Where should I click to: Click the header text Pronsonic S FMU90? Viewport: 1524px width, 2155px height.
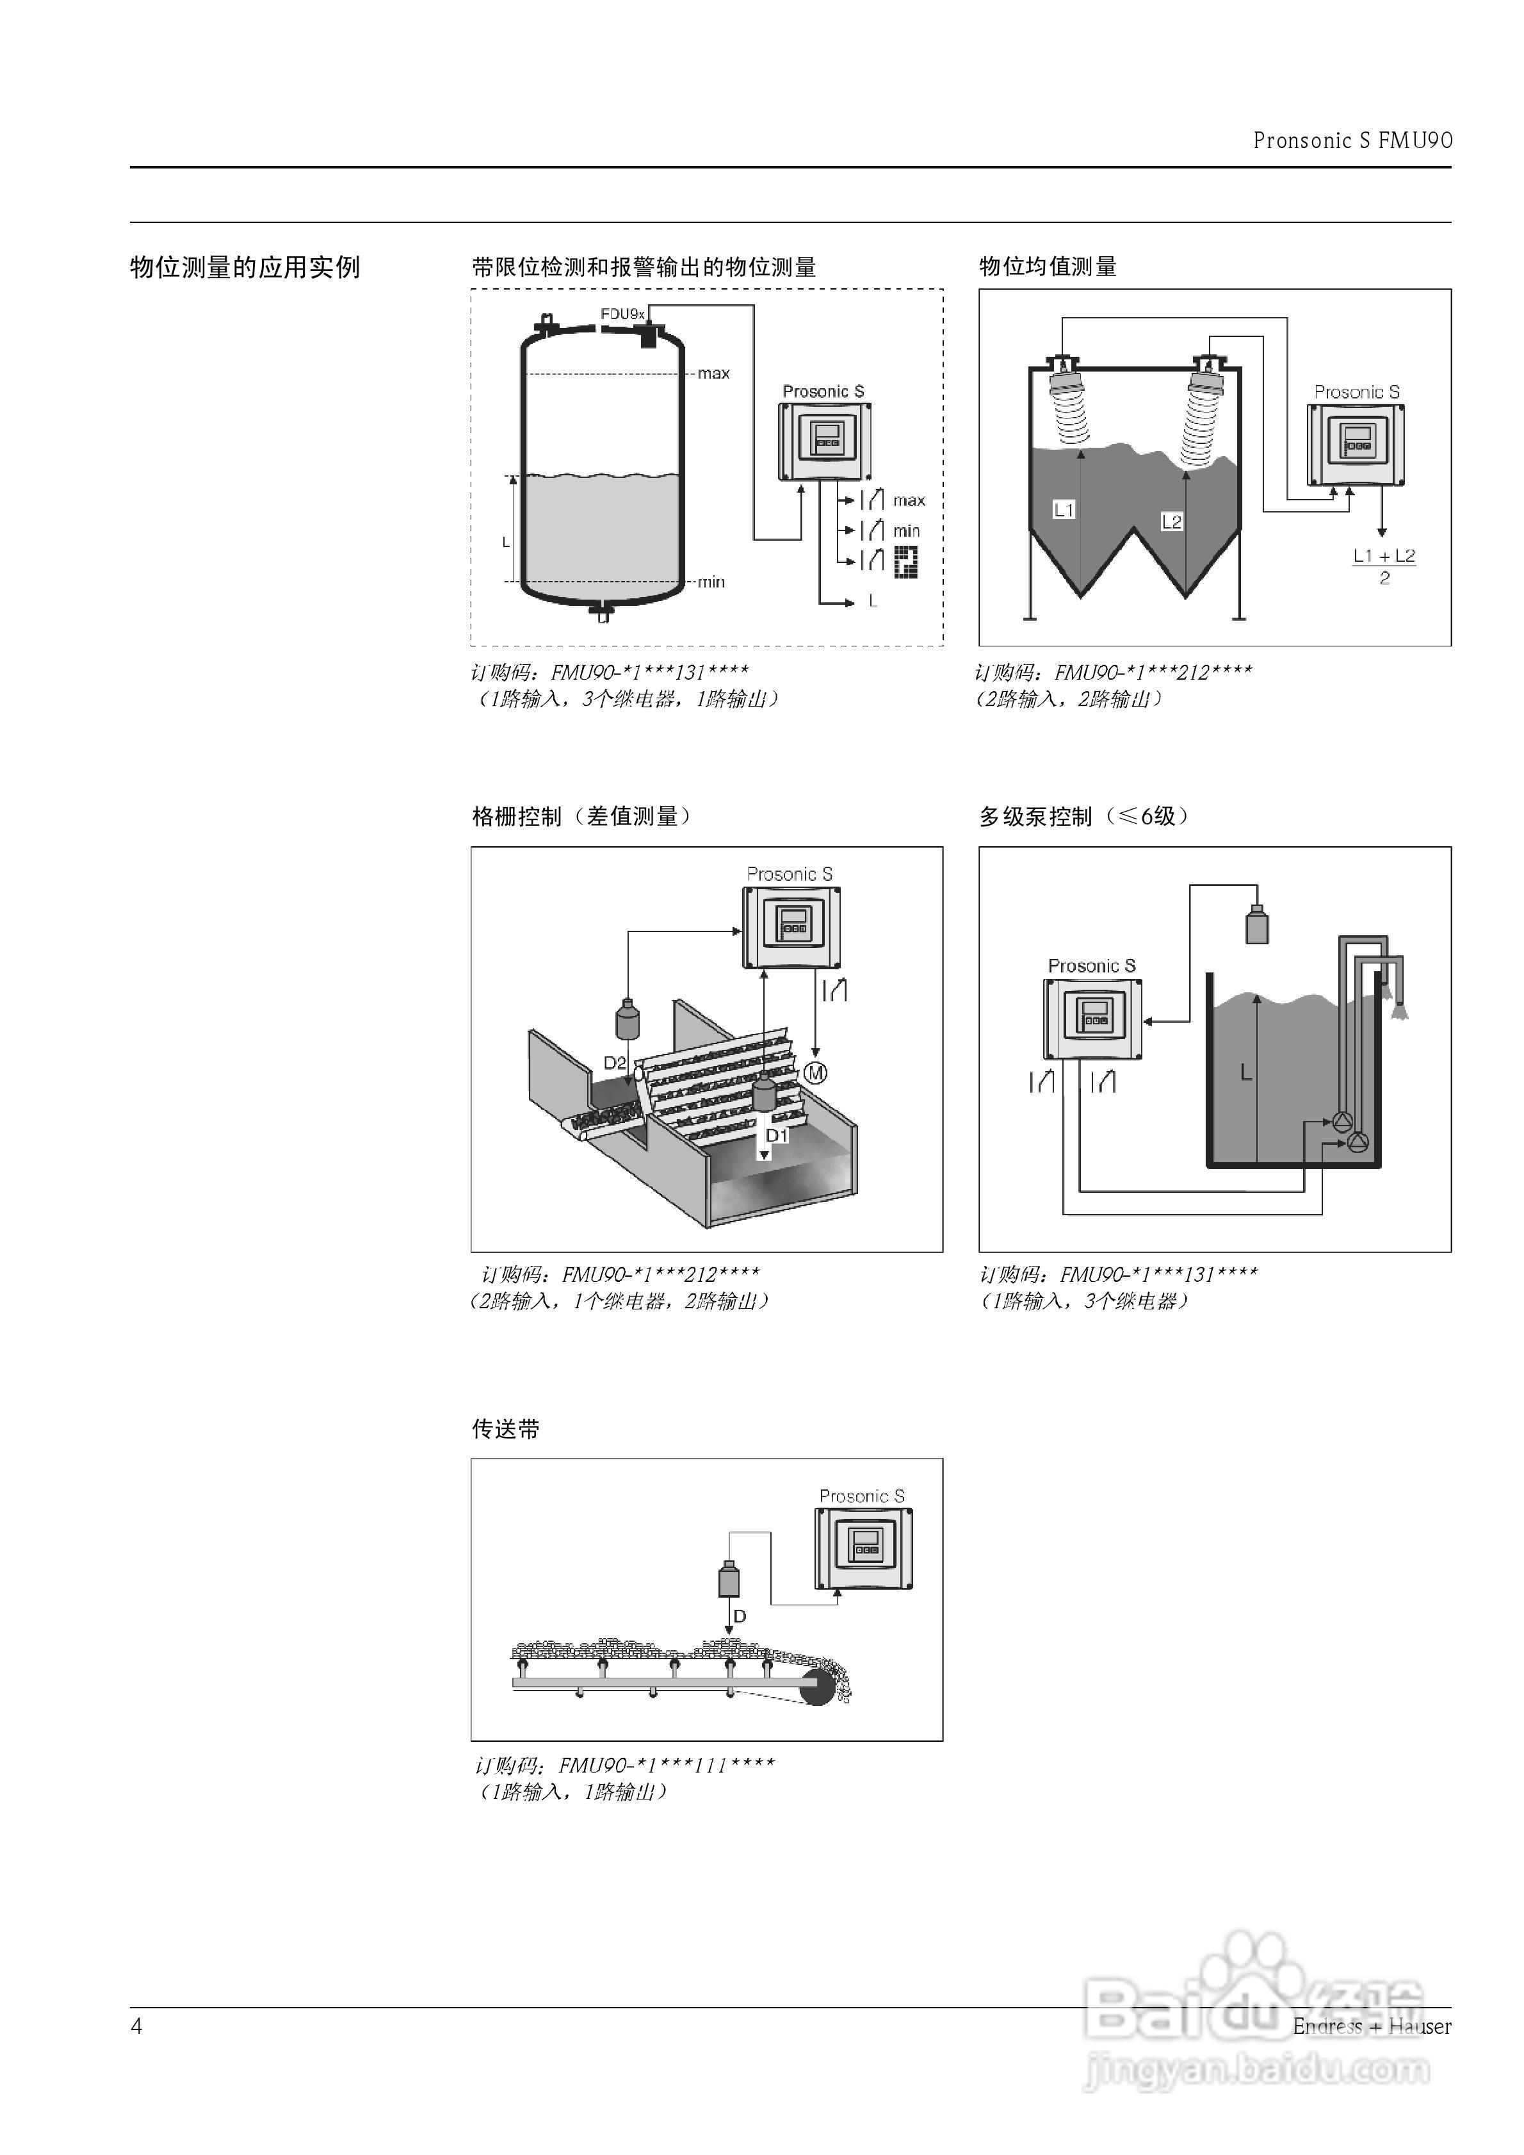point(1352,141)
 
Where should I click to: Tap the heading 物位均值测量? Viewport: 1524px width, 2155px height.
point(1048,268)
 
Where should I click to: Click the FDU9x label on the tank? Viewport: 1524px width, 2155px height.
point(621,313)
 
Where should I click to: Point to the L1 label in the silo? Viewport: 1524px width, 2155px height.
point(1063,511)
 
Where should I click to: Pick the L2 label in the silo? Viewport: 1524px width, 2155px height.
point(1171,522)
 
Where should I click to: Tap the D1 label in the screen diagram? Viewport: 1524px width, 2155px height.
point(777,1136)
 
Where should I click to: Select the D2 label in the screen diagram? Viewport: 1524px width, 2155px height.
point(615,1063)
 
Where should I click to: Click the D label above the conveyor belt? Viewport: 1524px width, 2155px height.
point(740,1616)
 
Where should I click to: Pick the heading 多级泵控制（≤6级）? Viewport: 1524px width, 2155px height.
point(1084,817)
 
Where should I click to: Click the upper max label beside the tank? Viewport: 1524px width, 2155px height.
point(713,373)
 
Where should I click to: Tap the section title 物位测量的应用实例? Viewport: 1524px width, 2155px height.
point(245,268)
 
